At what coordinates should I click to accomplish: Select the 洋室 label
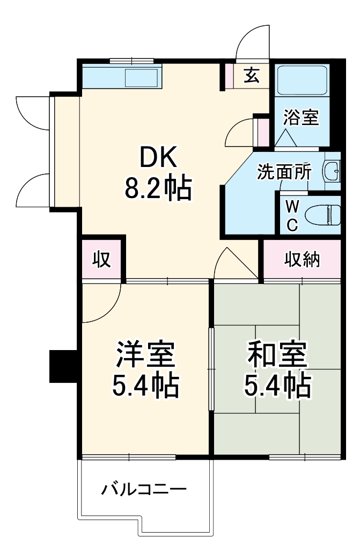[x=145, y=355]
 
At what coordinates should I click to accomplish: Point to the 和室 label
[x=277, y=355]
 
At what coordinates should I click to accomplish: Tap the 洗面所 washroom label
[x=284, y=171]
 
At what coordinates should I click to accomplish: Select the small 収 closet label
[x=101, y=259]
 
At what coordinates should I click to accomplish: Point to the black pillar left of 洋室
[x=63, y=366]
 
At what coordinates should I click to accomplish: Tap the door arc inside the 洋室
[x=103, y=303]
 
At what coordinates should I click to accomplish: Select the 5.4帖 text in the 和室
[x=277, y=385]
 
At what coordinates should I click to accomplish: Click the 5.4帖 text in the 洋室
[x=145, y=385]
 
